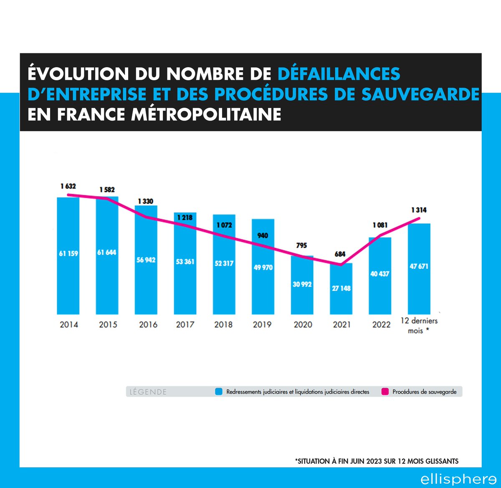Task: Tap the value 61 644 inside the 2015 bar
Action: (107, 253)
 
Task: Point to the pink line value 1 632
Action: (68, 186)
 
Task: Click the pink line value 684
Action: (340, 254)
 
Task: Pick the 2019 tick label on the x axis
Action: (262, 324)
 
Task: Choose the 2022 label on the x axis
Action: (381, 324)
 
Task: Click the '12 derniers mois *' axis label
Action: (419, 326)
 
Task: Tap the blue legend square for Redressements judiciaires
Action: (219, 392)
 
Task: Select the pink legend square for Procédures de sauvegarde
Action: (385, 392)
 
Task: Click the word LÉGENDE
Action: (148, 392)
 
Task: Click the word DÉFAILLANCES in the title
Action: (339, 74)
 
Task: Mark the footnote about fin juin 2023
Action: (377, 461)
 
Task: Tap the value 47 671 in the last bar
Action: (419, 266)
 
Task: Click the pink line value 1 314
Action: (419, 210)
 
